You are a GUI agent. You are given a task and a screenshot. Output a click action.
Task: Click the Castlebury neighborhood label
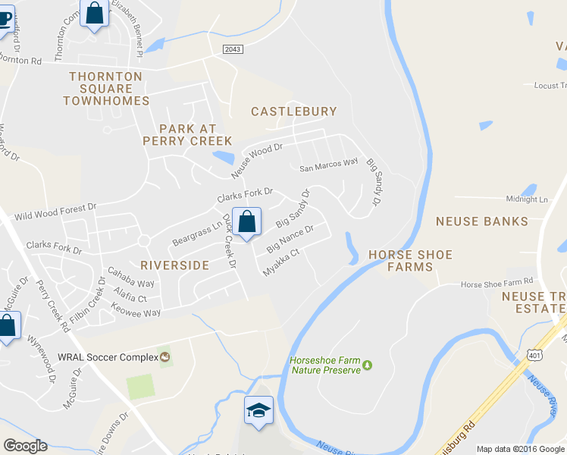(294, 111)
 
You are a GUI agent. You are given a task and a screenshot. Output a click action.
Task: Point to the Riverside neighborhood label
(174, 265)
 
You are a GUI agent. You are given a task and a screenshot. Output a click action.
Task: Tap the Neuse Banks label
(481, 221)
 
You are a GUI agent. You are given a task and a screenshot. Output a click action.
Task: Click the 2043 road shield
(233, 49)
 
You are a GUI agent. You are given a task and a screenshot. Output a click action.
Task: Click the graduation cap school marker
(258, 410)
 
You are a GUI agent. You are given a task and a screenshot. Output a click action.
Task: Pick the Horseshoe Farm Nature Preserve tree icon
(368, 365)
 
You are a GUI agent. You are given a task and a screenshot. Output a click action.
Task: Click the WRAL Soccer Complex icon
(164, 356)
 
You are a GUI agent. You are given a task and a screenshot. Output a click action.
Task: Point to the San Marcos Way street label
(328, 163)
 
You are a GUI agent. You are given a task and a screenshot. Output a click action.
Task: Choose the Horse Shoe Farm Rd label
(497, 284)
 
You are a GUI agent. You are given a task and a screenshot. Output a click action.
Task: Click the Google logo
(25, 445)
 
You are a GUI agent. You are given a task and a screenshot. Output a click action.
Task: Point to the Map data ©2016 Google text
(520, 449)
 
